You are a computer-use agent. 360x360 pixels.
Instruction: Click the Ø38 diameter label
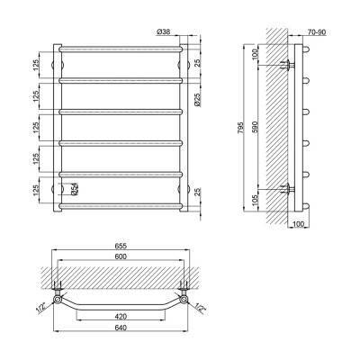coord(164,31)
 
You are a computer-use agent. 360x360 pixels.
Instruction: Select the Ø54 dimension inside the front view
coord(75,189)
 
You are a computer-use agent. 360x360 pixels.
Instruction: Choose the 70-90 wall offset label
coord(317,32)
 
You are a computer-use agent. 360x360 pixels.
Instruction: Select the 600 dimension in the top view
coord(121,256)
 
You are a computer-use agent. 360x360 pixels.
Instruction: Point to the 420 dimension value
coord(121,316)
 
